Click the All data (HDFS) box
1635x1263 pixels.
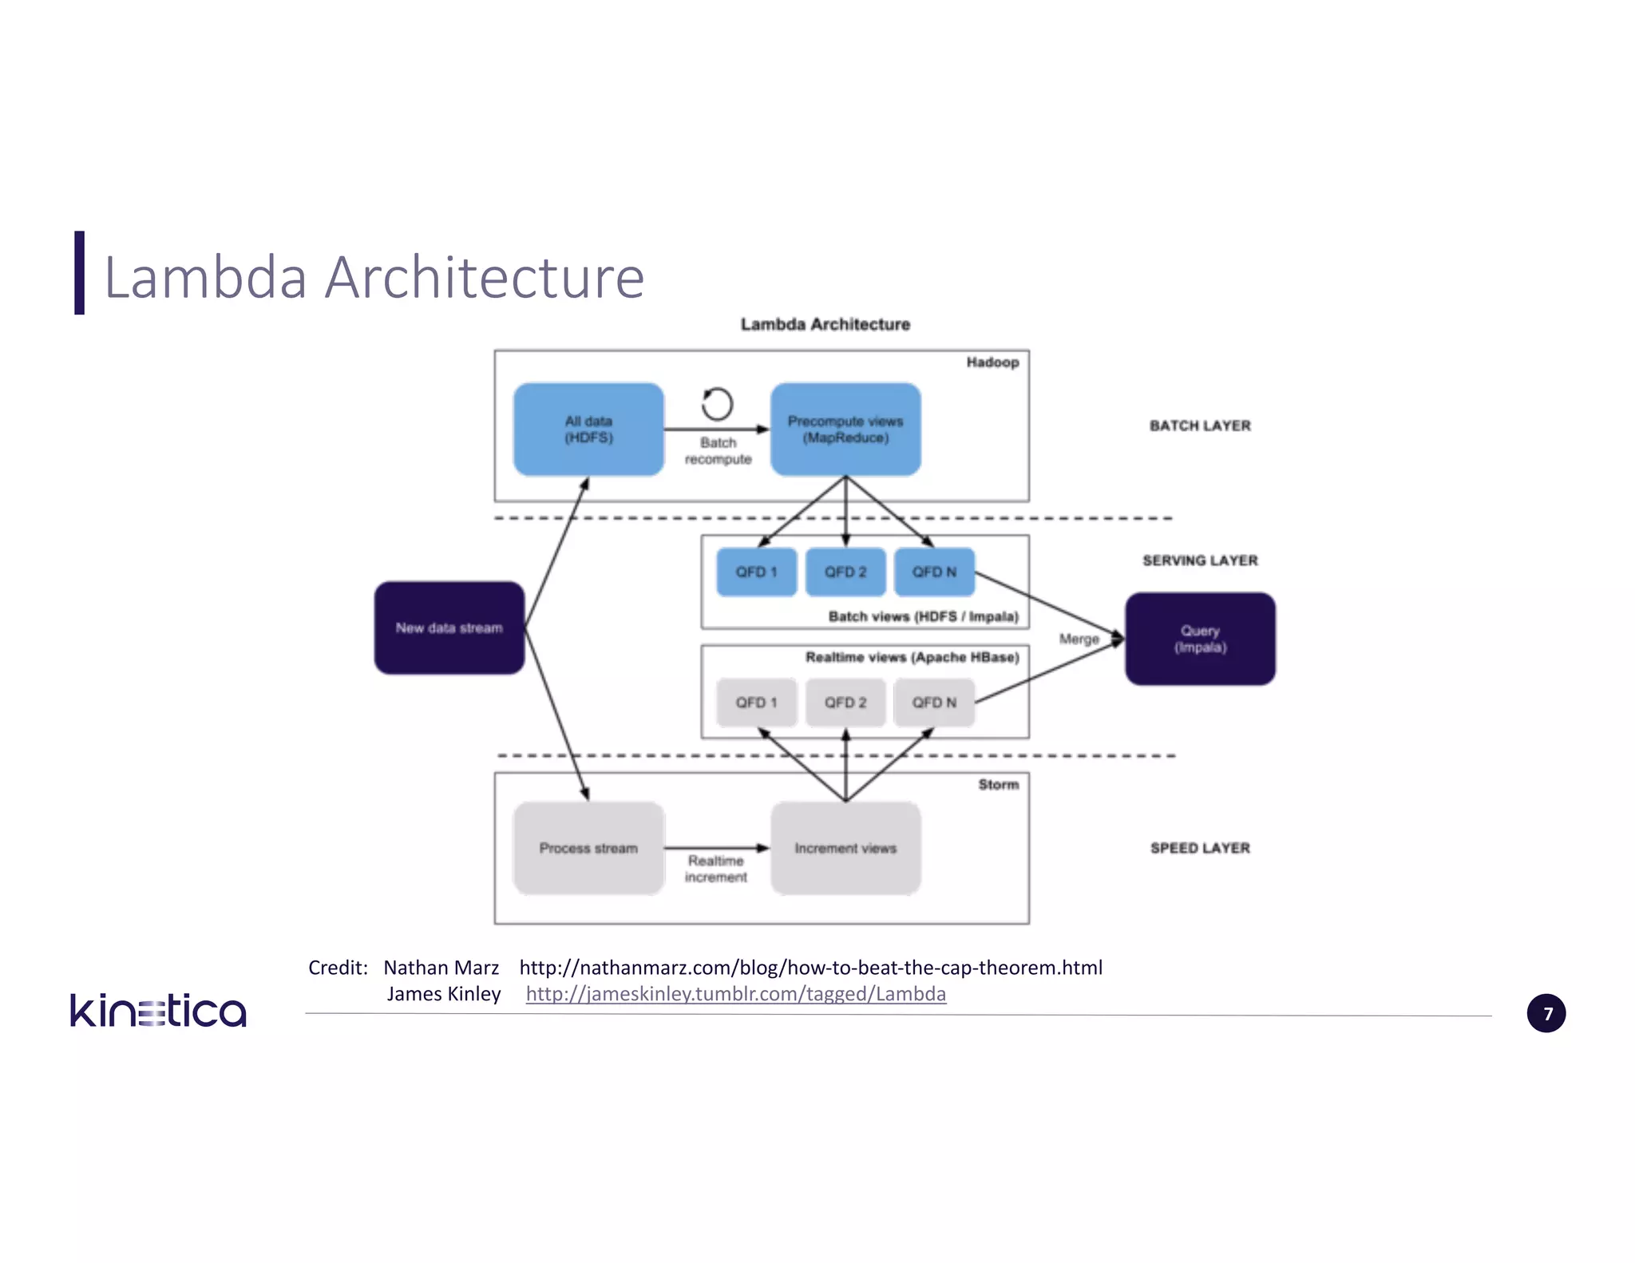pyautogui.click(x=588, y=430)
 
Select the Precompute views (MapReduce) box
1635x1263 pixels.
pyautogui.click(x=845, y=430)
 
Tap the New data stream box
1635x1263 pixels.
pyautogui.click(x=449, y=628)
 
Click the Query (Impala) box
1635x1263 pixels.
pyautogui.click(x=1200, y=639)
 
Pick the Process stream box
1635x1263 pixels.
pyautogui.click(x=588, y=848)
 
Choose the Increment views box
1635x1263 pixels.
pyautogui.click(x=845, y=848)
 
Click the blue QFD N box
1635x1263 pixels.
pyautogui.click(x=934, y=572)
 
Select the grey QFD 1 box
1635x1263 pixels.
pyautogui.click(x=756, y=703)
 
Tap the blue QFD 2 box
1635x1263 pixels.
pyautogui.click(x=845, y=572)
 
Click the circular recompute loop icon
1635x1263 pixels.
pyautogui.click(x=717, y=404)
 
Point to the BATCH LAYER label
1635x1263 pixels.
pyautogui.click(x=1200, y=426)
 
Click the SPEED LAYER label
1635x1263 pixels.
pyautogui.click(x=1200, y=848)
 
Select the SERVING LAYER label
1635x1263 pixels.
pyautogui.click(x=1200, y=560)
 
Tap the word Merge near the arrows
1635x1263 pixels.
pyautogui.click(x=1079, y=639)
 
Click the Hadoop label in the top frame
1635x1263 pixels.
pyautogui.click(x=992, y=362)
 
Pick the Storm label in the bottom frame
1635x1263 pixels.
pyautogui.click(x=998, y=785)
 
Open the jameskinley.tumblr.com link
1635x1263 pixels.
pyautogui.click(x=735, y=994)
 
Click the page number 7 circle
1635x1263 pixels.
pyautogui.click(x=1546, y=1014)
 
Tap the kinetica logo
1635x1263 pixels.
pyautogui.click(x=158, y=1011)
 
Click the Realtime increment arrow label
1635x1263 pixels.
pyautogui.click(x=716, y=869)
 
